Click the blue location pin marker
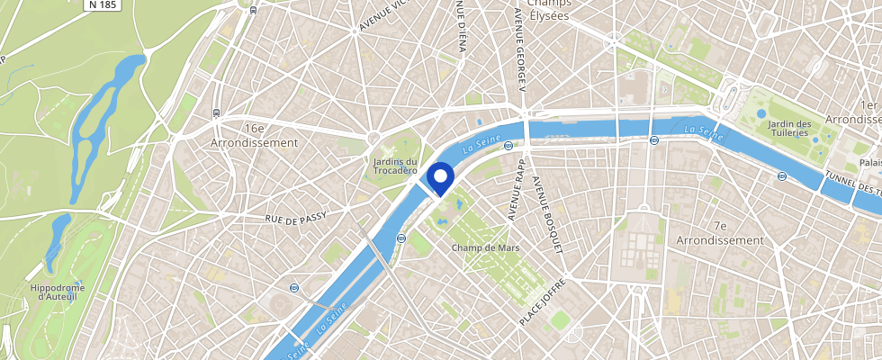441,176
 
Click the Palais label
870,163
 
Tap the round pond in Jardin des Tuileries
761,114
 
